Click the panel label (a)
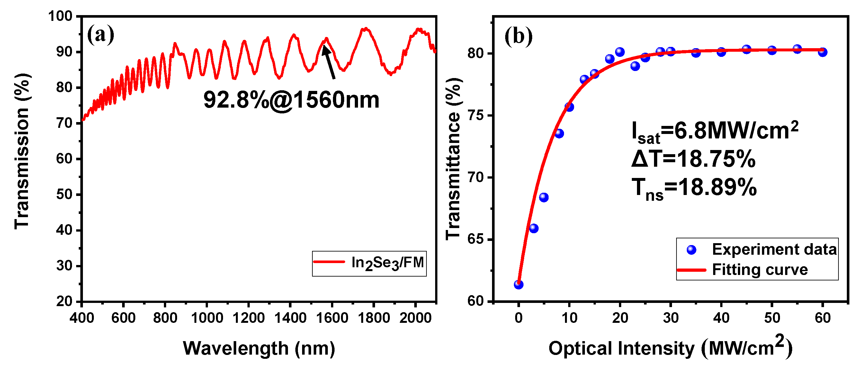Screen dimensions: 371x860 (x=101, y=35)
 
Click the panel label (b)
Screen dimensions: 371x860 (x=518, y=36)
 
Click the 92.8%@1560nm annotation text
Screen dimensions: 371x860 (x=291, y=100)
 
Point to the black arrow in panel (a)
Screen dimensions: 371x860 (x=329, y=62)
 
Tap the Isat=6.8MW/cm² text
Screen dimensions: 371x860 (x=714, y=132)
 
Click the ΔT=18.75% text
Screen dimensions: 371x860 (x=693, y=159)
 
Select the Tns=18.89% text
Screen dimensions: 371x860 (x=694, y=188)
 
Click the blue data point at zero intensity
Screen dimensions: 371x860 (x=518, y=285)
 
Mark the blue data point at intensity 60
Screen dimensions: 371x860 (x=823, y=52)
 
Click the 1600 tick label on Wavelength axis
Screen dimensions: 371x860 (x=332, y=318)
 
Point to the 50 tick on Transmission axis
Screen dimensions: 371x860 (x=64, y=195)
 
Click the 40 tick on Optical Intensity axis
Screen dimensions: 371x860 (x=721, y=318)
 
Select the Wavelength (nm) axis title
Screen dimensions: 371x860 (x=259, y=349)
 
